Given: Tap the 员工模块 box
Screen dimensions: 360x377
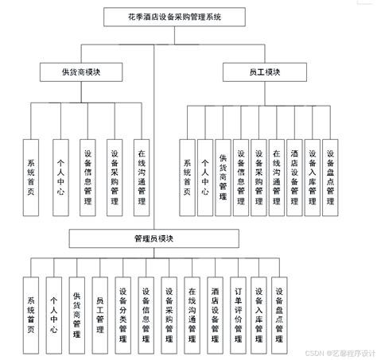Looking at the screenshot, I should click(262, 72).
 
